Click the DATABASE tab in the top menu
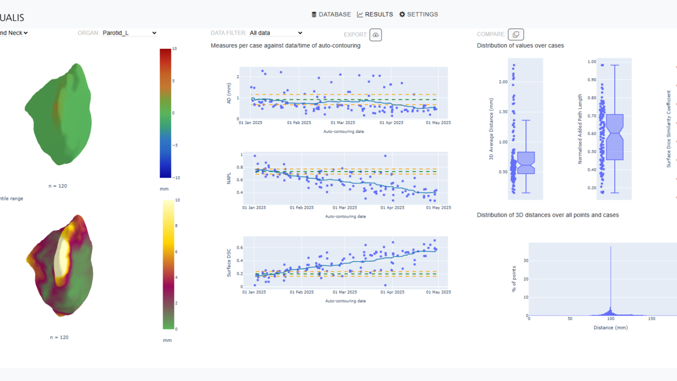click(x=331, y=14)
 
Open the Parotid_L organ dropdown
click(x=129, y=33)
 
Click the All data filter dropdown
click(x=276, y=33)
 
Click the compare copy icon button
click(x=515, y=35)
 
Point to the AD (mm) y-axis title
click(x=229, y=93)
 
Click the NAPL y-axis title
click(x=229, y=178)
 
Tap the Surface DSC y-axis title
click(x=229, y=262)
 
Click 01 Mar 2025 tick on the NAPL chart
click(x=345, y=208)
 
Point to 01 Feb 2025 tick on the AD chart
click(x=299, y=123)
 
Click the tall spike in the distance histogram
click(x=610, y=280)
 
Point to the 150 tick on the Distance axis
click(x=651, y=319)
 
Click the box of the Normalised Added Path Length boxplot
click(x=614, y=137)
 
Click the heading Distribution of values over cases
click(x=520, y=45)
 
